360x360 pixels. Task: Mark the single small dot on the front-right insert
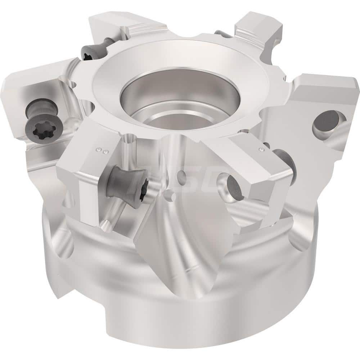[x=261, y=148]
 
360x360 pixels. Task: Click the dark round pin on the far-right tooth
[x=326, y=122]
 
